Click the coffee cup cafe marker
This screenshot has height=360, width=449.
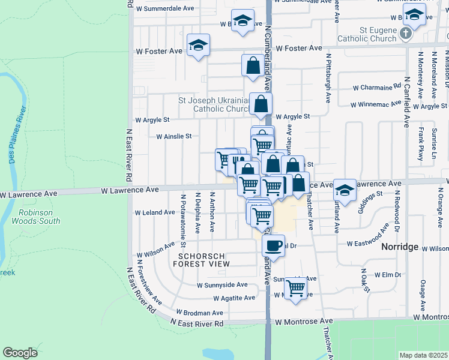[x=274, y=245]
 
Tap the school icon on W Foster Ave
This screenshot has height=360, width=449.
[x=197, y=45]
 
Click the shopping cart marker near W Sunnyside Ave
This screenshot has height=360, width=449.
[x=295, y=288]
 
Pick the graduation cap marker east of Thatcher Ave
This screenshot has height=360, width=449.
[x=345, y=190]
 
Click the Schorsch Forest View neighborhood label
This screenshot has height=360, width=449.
[x=201, y=259]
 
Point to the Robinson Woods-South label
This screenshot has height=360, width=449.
[x=39, y=217]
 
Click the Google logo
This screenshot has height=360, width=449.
[x=20, y=352]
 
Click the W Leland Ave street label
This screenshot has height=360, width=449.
[x=155, y=213]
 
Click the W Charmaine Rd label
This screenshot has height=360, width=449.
[x=377, y=87]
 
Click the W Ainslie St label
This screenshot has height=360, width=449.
[x=173, y=136]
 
